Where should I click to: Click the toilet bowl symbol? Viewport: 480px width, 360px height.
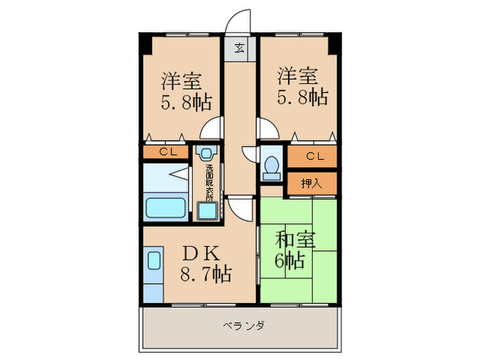tap(272, 165)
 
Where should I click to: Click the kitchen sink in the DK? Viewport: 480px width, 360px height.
tap(154, 263)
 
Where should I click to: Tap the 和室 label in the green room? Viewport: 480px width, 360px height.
tap(296, 241)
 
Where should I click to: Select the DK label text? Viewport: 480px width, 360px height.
tap(202, 252)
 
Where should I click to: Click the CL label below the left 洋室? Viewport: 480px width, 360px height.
tap(167, 152)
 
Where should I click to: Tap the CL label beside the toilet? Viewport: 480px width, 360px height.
tap(313, 156)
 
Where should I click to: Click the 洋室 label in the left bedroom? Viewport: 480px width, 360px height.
tap(182, 81)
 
